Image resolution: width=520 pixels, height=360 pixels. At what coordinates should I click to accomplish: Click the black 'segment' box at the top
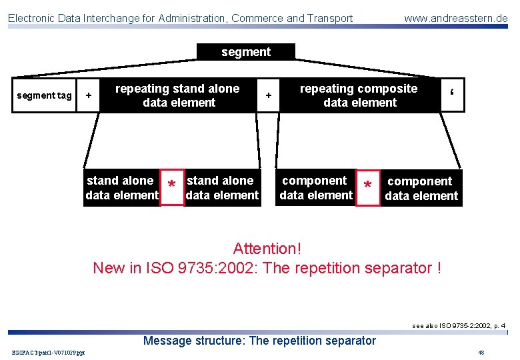click(246, 52)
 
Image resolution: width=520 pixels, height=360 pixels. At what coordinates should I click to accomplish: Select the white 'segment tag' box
click(44, 95)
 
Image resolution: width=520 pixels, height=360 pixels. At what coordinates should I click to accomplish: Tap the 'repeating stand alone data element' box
click(178, 95)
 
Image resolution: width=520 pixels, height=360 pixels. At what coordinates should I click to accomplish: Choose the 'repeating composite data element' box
click(359, 95)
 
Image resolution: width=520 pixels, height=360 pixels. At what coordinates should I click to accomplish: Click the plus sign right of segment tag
click(89, 95)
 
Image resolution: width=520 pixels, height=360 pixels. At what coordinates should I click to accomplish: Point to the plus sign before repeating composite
click(269, 95)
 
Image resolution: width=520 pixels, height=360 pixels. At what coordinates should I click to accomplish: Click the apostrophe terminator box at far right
click(452, 95)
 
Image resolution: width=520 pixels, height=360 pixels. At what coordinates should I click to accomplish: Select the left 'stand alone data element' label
click(121, 188)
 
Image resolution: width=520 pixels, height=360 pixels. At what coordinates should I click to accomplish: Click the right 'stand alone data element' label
click(221, 188)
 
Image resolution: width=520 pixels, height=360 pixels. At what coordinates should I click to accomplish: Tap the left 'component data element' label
click(315, 188)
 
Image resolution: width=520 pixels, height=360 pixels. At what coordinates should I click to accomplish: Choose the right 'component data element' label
click(421, 189)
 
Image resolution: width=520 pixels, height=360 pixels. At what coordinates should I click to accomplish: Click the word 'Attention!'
click(267, 249)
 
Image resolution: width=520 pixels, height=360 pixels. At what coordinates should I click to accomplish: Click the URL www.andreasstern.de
click(455, 18)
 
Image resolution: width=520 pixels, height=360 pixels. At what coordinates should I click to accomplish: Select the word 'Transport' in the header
click(330, 18)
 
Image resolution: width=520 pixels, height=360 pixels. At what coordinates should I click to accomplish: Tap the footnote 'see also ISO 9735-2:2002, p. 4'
click(459, 325)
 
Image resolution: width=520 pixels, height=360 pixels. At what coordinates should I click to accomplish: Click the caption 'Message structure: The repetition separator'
click(259, 341)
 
